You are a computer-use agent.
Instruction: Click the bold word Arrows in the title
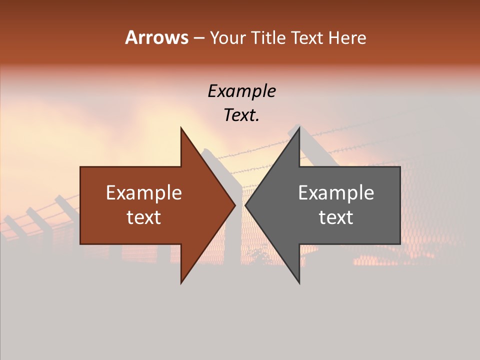coord(156,37)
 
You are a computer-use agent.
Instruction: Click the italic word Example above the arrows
coord(242,91)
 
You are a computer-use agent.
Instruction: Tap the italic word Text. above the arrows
coord(242,115)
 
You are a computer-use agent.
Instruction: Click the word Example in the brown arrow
coord(144,193)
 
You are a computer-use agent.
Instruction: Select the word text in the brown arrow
coord(144,217)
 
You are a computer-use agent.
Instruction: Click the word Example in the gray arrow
coord(336,193)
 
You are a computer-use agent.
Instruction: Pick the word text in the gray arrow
coord(336,217)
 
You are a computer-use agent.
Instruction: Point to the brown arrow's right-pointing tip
coord(234,205)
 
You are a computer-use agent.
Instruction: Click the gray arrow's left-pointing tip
coord(246,205)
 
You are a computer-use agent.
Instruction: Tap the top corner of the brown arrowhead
coord(181,128)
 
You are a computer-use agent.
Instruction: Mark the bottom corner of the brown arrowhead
coord(181,282)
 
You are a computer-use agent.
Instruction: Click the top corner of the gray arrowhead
coord(299,128)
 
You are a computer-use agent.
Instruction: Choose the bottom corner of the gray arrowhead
coord(299,282)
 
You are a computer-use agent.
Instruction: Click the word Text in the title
coord(306,38)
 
